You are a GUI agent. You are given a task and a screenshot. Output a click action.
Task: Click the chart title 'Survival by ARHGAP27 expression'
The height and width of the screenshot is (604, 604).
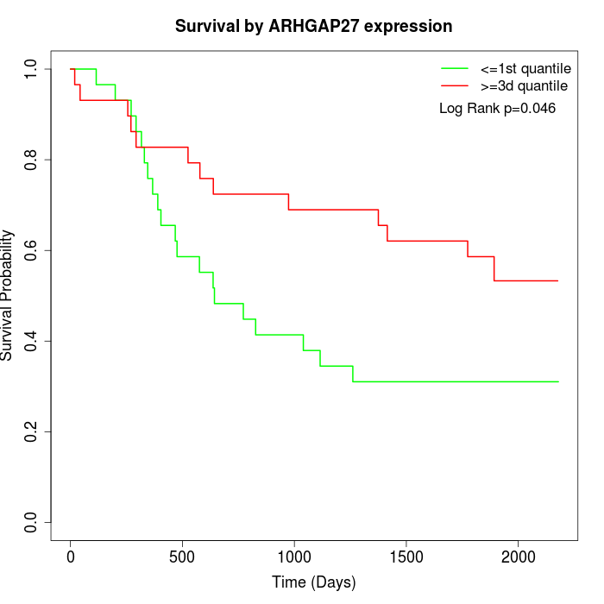click(x=313, y=27)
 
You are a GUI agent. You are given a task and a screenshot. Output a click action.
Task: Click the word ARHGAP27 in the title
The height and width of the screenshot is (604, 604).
click(x=330, y=27)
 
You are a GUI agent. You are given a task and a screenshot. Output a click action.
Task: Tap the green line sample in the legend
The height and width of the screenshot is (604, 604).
click(x=455, y=68)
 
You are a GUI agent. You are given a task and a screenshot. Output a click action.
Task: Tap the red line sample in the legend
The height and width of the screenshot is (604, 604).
click(x=455, y=86)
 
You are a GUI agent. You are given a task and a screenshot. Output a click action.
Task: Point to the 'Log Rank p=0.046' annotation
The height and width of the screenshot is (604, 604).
click(x=497, y=109)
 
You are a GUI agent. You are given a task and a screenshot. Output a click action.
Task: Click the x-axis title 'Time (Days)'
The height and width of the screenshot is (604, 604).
click(x=313, y=582)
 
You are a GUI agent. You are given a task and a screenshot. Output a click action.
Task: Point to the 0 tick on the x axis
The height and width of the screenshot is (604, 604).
click(x=71, y=557)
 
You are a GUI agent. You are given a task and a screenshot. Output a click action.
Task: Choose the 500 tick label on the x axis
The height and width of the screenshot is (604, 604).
click(x=183, y=557)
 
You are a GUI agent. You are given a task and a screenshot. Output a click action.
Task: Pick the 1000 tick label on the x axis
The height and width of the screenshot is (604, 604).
click(x=294, y=557)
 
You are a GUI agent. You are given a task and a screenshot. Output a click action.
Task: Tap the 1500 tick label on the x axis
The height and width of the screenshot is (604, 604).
click(x=406, y=557)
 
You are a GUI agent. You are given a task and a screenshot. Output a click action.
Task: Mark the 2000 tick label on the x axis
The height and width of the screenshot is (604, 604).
click(x=518, y=557)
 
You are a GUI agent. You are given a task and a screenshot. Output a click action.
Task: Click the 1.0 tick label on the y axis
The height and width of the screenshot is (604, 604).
click(x=32, y=69)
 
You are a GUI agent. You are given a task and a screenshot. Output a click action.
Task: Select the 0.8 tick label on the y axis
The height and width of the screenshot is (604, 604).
click(x=32, y=160)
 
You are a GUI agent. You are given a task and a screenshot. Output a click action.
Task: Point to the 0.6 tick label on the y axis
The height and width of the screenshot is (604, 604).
click(x=32, y=250)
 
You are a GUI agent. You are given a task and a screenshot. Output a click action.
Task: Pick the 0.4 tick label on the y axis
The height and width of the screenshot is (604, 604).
click(x=32, y=341)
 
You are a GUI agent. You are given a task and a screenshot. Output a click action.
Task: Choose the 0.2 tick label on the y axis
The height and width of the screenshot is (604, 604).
click(x=32, y=431)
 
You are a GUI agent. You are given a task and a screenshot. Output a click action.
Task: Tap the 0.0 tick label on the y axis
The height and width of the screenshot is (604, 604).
click(x=32, y=522)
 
